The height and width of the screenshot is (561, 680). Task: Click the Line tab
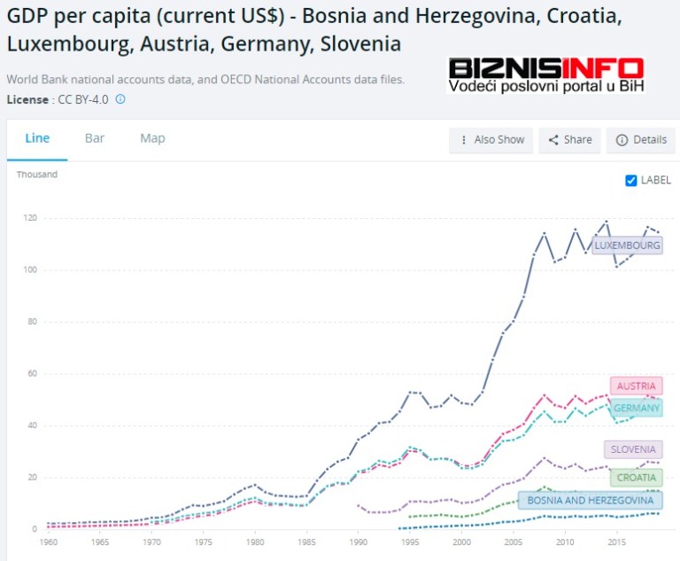[37, 138]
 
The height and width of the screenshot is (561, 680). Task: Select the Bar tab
[95, 138]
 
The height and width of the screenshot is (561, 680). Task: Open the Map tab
[152, 138]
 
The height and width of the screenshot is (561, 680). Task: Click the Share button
[569, 140]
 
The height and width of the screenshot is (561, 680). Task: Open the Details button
[641, 140]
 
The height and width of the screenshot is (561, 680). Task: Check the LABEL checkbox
[631, 181]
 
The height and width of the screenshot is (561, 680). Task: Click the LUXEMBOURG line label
[627, 245]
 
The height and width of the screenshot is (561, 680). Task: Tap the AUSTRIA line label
[636, 386]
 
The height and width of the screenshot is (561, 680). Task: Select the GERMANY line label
[636, 409]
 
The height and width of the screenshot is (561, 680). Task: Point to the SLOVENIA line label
[632, 450]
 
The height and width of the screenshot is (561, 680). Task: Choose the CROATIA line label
[636, 478]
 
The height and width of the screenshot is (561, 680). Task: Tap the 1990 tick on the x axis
[357, 542]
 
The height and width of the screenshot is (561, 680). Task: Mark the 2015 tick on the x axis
[616, 542]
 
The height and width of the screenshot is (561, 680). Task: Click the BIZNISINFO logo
[545, 74]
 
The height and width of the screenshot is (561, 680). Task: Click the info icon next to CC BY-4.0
[120, 99]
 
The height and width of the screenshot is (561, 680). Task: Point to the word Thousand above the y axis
[37, 175]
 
